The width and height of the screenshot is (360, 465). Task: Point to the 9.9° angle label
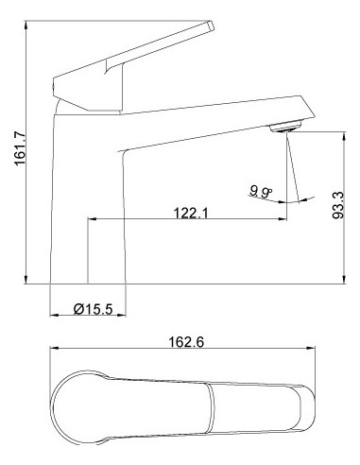[262, 192]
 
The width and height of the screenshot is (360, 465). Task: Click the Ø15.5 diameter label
[93, 309]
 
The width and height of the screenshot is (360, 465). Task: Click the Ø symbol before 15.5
[78, 309]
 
